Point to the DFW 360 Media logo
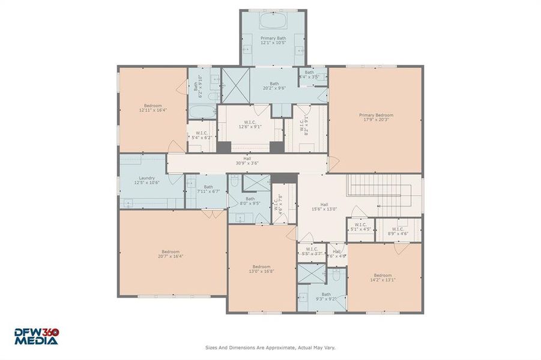point(37,336)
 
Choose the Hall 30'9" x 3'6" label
point(247,161)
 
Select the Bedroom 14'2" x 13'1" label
point(382,278)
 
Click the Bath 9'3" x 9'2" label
point(326,297)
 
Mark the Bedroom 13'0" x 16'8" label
point(261,269)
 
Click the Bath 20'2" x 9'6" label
point(274,86)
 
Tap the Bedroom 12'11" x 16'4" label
point(153,108)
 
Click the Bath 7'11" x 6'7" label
point(208,189)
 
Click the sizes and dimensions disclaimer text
point(270,347)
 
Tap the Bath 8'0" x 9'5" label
point(250,201)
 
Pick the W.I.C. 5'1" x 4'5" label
point(360,227)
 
